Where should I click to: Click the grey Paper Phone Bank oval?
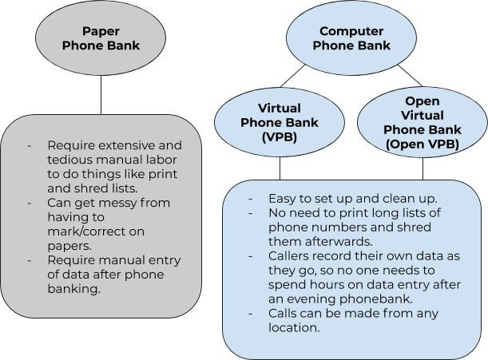click(x=101, y=38)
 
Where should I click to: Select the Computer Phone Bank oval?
click(x=351, y=38)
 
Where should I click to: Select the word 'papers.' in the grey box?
click(x=68, y=246)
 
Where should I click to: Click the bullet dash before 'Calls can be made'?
click(x=252, y=313)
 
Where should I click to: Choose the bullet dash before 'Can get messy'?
click(x=30, y=203)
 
